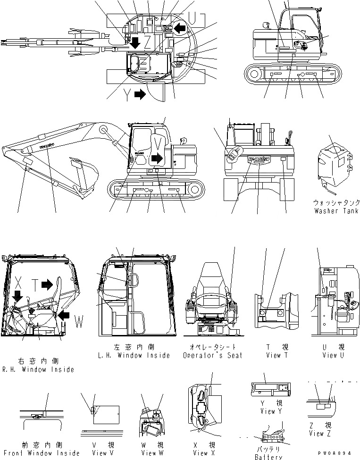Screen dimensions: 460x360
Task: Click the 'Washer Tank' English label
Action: click(336, 211)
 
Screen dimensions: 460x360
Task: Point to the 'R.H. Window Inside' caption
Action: click(38, 369)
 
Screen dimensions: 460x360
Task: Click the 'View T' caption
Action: click(274, 355)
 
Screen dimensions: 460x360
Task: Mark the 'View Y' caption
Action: click(268, 411)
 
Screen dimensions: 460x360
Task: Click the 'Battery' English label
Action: click(268, 456)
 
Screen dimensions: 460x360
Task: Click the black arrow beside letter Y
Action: click(140, 94)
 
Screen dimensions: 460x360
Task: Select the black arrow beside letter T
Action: click(47, 284)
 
